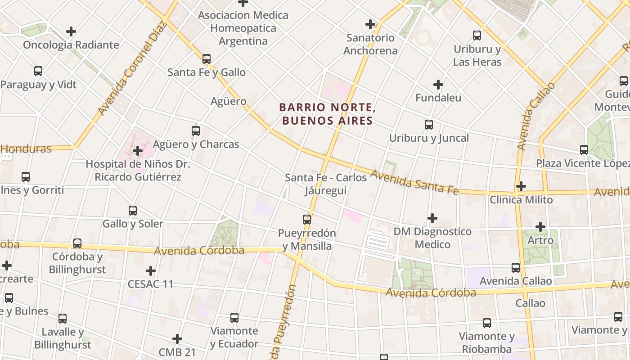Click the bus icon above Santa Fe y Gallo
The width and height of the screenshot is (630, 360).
pyautogui.click(x=207, y=59)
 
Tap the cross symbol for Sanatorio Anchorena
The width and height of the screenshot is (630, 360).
pyautogui.click(x=370, y=24)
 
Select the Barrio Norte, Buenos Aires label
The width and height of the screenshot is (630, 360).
pyautogui.click(x=327, y=114)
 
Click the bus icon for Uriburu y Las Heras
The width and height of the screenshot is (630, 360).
pyautogui.click(x=477, y=36)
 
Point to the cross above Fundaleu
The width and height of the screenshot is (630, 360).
pyautogui.click(x=438, y=85)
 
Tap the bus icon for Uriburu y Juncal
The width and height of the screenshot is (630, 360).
pyautogui.click(x=429, y=125)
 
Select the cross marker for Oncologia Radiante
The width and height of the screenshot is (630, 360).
pyautogui.click(x=71, y=31)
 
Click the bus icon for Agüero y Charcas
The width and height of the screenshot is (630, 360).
pyautogui.click(x=196, y=131)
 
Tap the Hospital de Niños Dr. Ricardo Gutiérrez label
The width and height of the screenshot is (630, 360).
pyautogui.click(x=138, y=171)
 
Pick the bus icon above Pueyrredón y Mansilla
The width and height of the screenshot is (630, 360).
pyautogui.click(x=307, y=220)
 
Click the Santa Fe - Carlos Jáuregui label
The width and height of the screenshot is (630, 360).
pyautogui.click(x=326, y=184)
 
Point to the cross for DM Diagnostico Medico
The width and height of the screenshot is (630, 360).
pyautogui.click(x=432, y=219)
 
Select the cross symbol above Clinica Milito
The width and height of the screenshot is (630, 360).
pyautogui.click(x=521, y=186)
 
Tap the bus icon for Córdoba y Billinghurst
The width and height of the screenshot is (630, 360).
pyautogui.click(x=77, y=243)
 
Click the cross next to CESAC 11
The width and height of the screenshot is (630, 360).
pyautogui.click(x=151, y=271)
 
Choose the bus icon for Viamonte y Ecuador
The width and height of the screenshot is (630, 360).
pyautogui.click(x=234, y=318)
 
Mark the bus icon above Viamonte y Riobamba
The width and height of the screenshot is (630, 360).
pyautogui.click(x=487, y=323)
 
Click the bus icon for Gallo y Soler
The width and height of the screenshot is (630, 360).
pyautogui.click(x=133, y=210)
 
